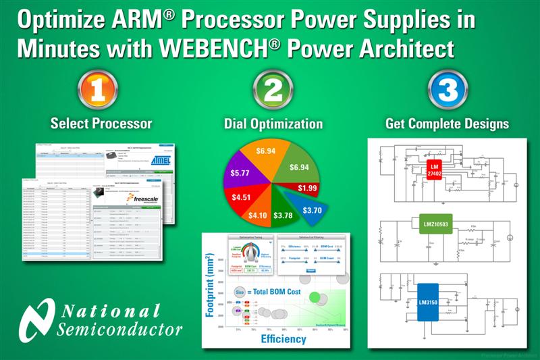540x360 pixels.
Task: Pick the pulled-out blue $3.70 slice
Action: [x=312, y=209]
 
